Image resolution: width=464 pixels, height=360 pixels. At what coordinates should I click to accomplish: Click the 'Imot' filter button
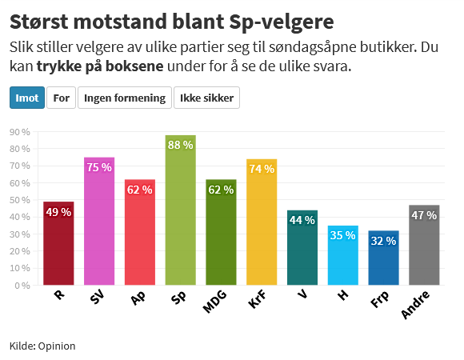tap(27, 98)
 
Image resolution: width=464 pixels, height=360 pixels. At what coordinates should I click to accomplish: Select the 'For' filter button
tap(62, 98)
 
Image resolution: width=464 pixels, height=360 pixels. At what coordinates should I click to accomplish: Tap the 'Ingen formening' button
tap(124, 98)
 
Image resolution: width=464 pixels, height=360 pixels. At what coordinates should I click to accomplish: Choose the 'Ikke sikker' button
tap(206, 98)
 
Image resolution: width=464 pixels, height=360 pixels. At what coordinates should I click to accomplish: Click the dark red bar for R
tap(58, 248)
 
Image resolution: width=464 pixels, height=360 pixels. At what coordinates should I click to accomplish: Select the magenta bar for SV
tap(99, 224)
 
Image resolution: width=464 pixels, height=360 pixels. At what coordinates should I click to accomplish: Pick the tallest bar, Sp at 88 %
tap(181, 216)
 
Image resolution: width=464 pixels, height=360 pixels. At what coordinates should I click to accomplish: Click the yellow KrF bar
tap(262, 228)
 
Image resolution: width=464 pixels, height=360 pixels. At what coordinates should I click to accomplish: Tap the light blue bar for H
tap(342, 260)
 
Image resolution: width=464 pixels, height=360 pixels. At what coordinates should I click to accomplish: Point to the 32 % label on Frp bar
tap(383, 241)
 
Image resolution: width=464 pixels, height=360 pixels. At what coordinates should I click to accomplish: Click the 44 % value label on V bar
tap(302, 220)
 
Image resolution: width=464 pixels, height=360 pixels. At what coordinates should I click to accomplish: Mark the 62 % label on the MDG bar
tap(221, 190)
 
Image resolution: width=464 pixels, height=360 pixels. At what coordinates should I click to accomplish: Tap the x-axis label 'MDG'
tap(216, 302)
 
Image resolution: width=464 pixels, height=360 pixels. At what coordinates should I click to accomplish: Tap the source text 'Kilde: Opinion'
tap(42, 346)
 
